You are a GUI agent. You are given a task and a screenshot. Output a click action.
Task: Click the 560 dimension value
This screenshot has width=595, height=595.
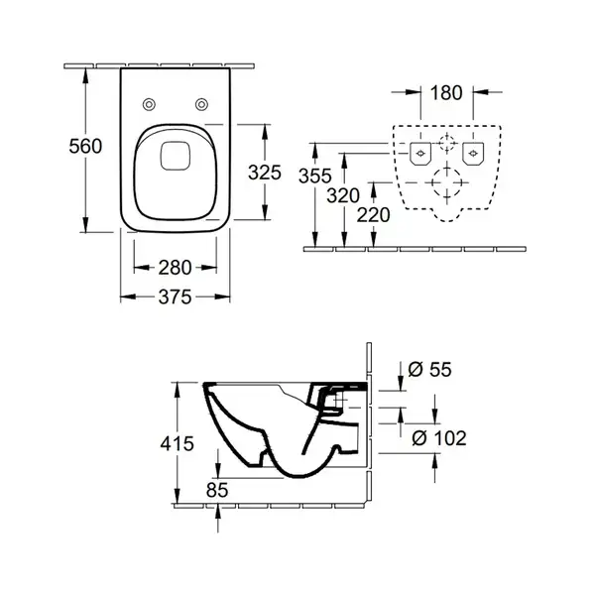click(x=85, y=146)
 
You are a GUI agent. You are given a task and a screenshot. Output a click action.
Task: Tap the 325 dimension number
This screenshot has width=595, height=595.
click(x=265, y=173)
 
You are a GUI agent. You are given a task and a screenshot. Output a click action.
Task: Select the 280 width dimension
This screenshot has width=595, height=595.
click(x=175, y=268)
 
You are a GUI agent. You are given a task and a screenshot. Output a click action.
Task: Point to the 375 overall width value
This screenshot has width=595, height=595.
click(x=175, y=297)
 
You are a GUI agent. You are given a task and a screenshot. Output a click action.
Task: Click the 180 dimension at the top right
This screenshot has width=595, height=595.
click(x=446, y=93)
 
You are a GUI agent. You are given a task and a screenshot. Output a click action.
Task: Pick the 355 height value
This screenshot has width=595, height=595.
click(x=315, y=177)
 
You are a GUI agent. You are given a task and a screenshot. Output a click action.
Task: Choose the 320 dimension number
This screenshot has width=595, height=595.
click(x=343, y=195)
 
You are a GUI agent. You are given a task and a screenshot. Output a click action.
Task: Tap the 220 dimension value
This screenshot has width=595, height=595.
click(x=374, y=215)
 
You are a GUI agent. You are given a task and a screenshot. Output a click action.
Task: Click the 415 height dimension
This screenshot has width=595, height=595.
click(x=177, y=443)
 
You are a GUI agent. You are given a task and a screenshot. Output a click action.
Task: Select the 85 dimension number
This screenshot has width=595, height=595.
click(x=217, y=490)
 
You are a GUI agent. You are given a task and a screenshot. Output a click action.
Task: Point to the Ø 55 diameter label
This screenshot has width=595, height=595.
click(x=430, y=369)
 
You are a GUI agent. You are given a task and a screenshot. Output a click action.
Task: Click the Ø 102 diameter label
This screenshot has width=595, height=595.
click(x=439, y=438)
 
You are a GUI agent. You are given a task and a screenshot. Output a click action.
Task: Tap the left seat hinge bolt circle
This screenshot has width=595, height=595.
click(x=149, y=104)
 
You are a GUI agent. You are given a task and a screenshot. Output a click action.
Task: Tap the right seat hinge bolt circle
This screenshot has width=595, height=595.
click(x=201, y=104)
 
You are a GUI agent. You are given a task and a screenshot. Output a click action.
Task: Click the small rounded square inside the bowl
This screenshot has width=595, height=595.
click(x=175, y=156)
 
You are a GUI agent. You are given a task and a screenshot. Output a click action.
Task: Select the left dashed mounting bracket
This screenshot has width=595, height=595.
click(x=420, y=154)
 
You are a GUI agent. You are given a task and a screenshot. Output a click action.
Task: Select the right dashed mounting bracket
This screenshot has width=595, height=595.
click(x=473, y=154)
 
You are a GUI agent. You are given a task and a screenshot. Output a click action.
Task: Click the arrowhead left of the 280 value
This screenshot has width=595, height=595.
click(x=141, y=268)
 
